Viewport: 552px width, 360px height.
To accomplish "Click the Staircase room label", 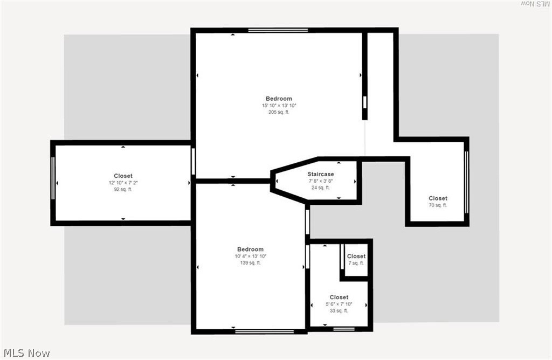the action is (x=321, y=174).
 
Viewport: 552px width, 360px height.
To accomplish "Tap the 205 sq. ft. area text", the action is (x=279, y=112).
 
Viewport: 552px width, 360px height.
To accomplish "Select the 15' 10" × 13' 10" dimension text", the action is (x=279, y=106).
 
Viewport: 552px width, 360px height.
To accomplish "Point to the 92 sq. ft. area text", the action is (x=123, y=189).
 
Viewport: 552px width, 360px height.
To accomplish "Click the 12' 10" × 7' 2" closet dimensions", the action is (x=123, y=183).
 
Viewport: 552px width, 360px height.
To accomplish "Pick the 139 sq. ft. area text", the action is (x=250, y=263).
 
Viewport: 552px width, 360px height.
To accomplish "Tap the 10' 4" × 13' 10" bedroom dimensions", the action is (x=250, y=256).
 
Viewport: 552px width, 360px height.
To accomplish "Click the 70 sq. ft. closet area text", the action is (x=438, y=205).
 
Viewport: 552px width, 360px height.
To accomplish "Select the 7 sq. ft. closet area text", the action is (x=356, y=263).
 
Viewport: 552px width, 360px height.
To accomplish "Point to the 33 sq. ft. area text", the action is (x=339, y=311).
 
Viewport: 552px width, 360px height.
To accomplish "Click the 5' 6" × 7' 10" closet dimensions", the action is (x=339, y=304).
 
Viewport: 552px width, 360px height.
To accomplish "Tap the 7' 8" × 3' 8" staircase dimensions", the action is (x=321, y=181).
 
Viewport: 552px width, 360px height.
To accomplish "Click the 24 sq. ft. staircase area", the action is (x=321, y=188).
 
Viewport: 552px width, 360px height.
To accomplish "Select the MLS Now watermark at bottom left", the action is (x=27, y=353).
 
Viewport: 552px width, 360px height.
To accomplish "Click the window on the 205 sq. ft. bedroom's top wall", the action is (x=278, y=30).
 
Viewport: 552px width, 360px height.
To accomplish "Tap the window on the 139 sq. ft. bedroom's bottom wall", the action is (x=264, y=331).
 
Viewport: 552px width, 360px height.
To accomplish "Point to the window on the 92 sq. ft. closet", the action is (x=53, y=178).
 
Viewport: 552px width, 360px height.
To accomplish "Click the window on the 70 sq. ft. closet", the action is (x=466, y=182).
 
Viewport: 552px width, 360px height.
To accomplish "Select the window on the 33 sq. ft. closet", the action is (x=344, y=329).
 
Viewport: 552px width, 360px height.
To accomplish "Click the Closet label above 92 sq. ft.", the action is (x=123, y=176).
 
